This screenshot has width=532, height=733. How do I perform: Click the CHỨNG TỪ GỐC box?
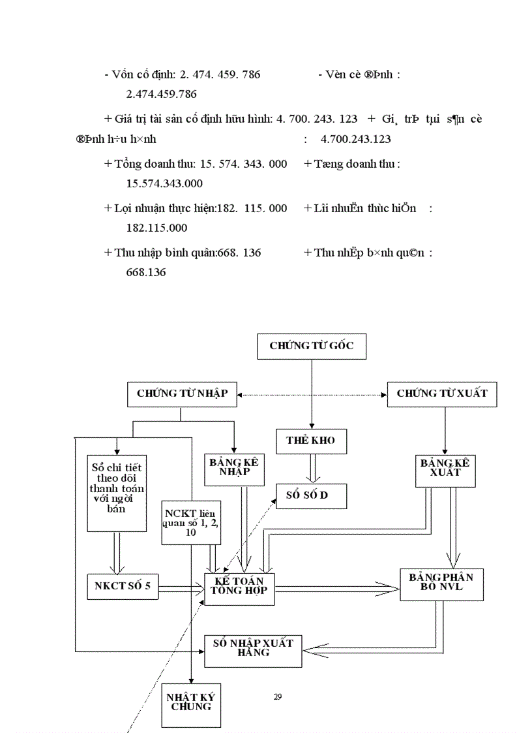312,346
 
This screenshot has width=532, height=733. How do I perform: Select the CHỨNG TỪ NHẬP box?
182,394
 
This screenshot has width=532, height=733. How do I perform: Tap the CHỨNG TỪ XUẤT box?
441,394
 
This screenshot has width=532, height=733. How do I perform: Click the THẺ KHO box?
311,441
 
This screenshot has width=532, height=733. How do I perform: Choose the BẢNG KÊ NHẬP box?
234,469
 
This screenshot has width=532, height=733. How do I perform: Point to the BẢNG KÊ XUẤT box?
445,469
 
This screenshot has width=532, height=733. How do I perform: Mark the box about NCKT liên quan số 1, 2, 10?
192,522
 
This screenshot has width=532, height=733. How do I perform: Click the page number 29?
278,697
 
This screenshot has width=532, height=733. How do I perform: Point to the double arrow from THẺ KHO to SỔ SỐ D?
311,469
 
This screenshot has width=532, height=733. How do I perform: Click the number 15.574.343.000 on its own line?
164,183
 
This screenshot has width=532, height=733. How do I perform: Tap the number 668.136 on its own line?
145,272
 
